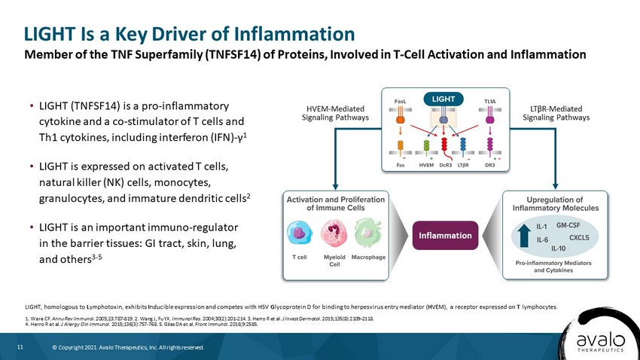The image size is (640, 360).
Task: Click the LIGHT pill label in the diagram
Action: tap(443, 99)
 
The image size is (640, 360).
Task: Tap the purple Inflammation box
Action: tap(445, 236)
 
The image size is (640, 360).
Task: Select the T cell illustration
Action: tap(300, 233)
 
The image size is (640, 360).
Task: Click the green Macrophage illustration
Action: tap(369, 233)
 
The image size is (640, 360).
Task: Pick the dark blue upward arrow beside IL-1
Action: tap(524, 236)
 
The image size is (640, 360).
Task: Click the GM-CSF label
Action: tap(568, 225)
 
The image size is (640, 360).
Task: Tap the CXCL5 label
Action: tap(579, 237)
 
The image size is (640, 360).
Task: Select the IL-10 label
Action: tap(559, 249)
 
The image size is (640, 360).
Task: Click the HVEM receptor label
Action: tap(426, 165)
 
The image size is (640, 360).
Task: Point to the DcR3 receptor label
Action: tap(445, 165)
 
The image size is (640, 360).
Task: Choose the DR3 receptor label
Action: tap(490, 165)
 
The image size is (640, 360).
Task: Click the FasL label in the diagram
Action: tap(400, 101)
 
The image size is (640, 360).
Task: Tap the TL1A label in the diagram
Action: tap(490, 101)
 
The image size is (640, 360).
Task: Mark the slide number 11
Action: tap(20, 347)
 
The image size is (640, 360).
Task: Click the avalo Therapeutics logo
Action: tap(600, 342)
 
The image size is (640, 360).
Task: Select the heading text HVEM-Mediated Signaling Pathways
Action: tap(335, 113)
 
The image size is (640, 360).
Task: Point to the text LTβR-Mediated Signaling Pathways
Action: tap(556, 113)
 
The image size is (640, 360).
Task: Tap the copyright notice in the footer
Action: tap(128, 347)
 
